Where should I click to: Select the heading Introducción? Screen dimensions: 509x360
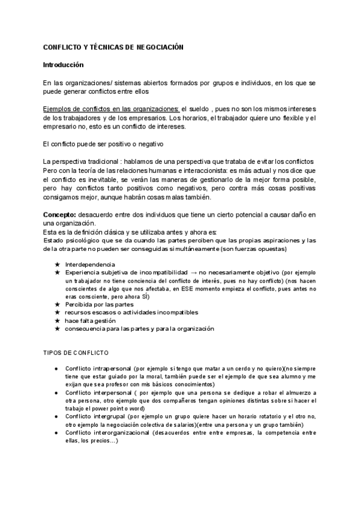pos(63,64)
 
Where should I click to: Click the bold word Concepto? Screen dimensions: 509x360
pos(59,215)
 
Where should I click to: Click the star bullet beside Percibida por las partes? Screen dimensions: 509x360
pos(57,304)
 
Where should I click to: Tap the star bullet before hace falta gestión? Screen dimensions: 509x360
pos(57,321)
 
